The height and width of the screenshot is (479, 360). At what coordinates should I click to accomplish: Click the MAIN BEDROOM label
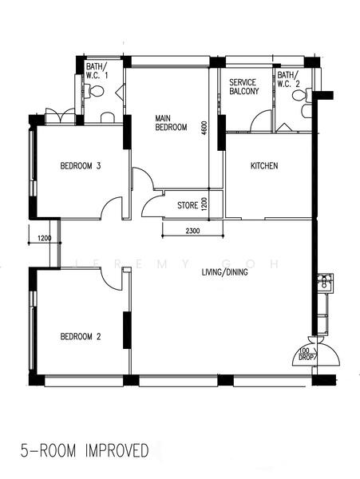(x=171, y=122)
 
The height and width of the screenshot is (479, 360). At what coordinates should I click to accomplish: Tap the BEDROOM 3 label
(x=81, y=167)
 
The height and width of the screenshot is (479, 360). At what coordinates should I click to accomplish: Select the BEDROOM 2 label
(x=81, y=336)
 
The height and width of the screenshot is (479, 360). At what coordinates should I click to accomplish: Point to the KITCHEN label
(x=264, y=166)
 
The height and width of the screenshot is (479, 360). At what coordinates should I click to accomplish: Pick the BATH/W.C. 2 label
(x=288, y=80)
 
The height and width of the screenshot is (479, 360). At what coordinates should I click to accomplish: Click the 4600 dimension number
(x=205, y=127)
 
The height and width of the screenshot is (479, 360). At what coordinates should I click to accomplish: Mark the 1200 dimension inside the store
(x=205, y=204)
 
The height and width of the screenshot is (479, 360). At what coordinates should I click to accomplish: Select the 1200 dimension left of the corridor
(x=44, y=237)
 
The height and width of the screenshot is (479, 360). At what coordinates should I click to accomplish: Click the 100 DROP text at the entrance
(x=304, y=354)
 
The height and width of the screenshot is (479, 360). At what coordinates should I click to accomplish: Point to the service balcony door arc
(x=259, y=121)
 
